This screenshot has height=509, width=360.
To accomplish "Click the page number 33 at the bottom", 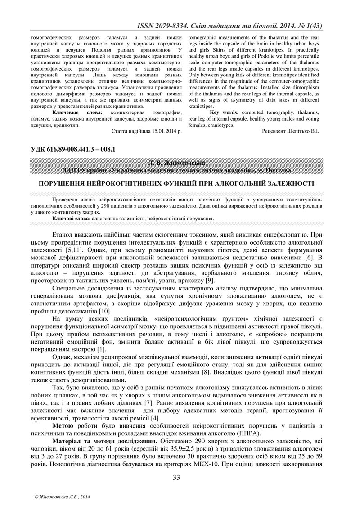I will tap(176, 478).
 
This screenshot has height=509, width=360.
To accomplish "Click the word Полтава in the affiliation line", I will tap(279, 169).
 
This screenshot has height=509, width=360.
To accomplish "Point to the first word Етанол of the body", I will tap(65, 234).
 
